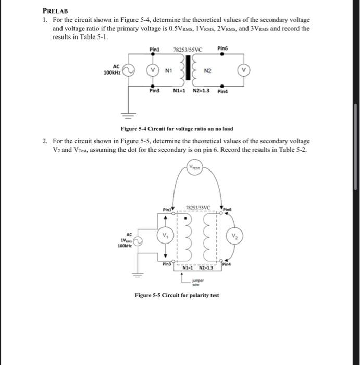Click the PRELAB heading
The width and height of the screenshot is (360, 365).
tap(54, 10)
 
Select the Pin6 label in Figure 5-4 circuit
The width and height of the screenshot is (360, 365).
tap(222, 48)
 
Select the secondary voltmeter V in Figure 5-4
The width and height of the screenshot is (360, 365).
tap(242, 70)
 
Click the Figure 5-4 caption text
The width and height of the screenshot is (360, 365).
tap(177, 128)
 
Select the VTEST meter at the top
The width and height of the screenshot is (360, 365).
tap(196, 168)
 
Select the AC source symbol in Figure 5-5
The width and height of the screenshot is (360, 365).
tap(138, 241)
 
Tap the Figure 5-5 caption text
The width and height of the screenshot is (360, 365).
tap(177, 295)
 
